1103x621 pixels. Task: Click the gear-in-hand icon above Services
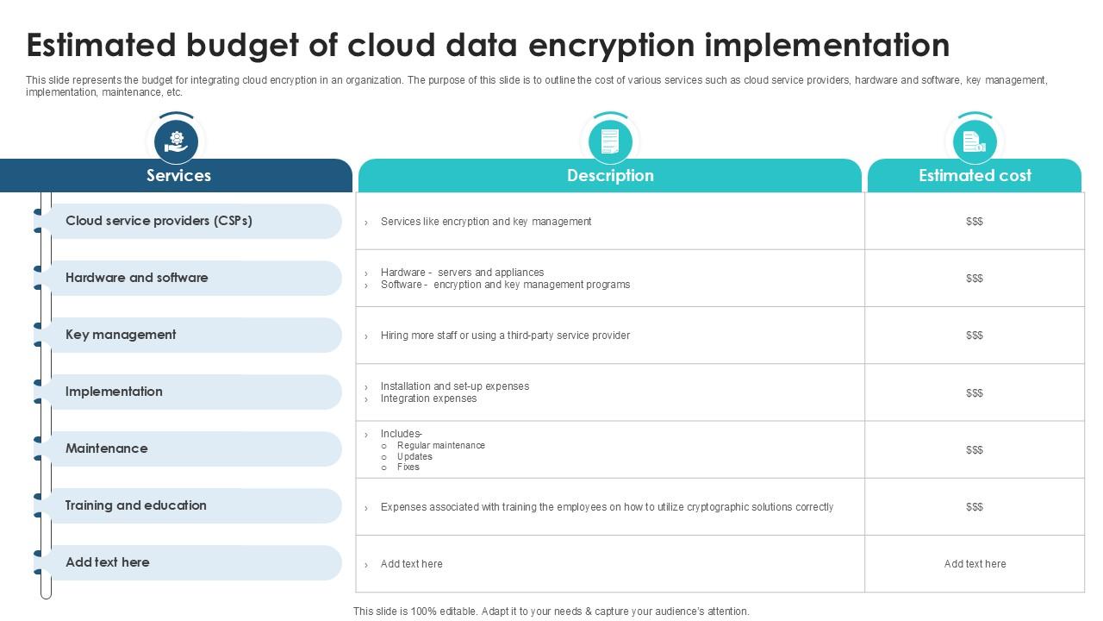point(177,141)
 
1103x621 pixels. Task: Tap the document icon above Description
point(610,141)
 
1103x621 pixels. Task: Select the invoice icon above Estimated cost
point(975,141)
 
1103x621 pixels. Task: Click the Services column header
point(178,176)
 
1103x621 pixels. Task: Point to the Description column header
point(610,176)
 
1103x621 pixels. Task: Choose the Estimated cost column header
point(975,176)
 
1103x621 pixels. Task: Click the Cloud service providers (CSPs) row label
point(159,221)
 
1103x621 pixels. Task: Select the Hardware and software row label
point(136,278)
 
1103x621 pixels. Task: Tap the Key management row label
point(121,335)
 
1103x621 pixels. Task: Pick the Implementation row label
point(114,392)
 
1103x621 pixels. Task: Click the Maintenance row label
point(106,448)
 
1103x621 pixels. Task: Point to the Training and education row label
point(135,505)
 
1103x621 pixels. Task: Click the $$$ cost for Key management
point(975,336)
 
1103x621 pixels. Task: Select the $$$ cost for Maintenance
point(975,450)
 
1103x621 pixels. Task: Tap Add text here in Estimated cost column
point(975,564)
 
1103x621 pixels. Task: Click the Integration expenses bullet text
point(428,398)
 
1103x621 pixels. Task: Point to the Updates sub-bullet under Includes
point(414,456)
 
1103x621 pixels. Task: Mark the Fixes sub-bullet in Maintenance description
point(408,467)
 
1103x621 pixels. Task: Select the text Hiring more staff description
point(505,336)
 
